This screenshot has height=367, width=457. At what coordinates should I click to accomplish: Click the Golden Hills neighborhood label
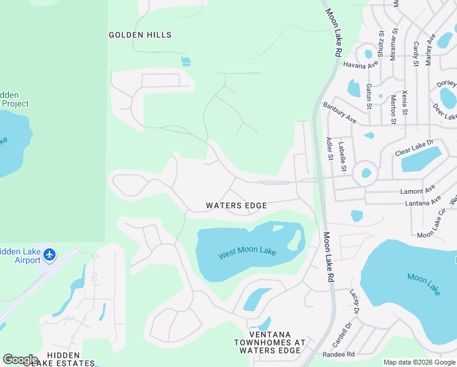click(140, 35)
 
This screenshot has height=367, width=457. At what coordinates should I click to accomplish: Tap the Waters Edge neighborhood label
click(236, 206)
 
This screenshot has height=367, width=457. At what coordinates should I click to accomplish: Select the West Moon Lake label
click(247, 253)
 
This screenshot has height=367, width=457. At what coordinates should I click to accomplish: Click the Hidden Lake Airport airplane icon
click(49, 254)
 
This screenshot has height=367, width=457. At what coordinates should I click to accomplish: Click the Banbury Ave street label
click(340, 113)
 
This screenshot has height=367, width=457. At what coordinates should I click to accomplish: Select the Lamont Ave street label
click(417, 191)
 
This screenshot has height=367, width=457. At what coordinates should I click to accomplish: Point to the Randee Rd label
click(338, 354)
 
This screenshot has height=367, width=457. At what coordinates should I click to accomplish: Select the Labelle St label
click(343, 157)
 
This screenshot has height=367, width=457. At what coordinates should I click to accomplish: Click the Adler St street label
click(329, 148)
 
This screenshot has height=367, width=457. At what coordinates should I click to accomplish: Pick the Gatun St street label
click(368, 97)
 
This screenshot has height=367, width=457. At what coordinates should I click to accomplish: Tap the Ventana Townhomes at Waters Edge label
click(269, 346)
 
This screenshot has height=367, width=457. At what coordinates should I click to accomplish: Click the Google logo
click(20, 360)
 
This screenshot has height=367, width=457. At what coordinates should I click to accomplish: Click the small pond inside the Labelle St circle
click(366, 173)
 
